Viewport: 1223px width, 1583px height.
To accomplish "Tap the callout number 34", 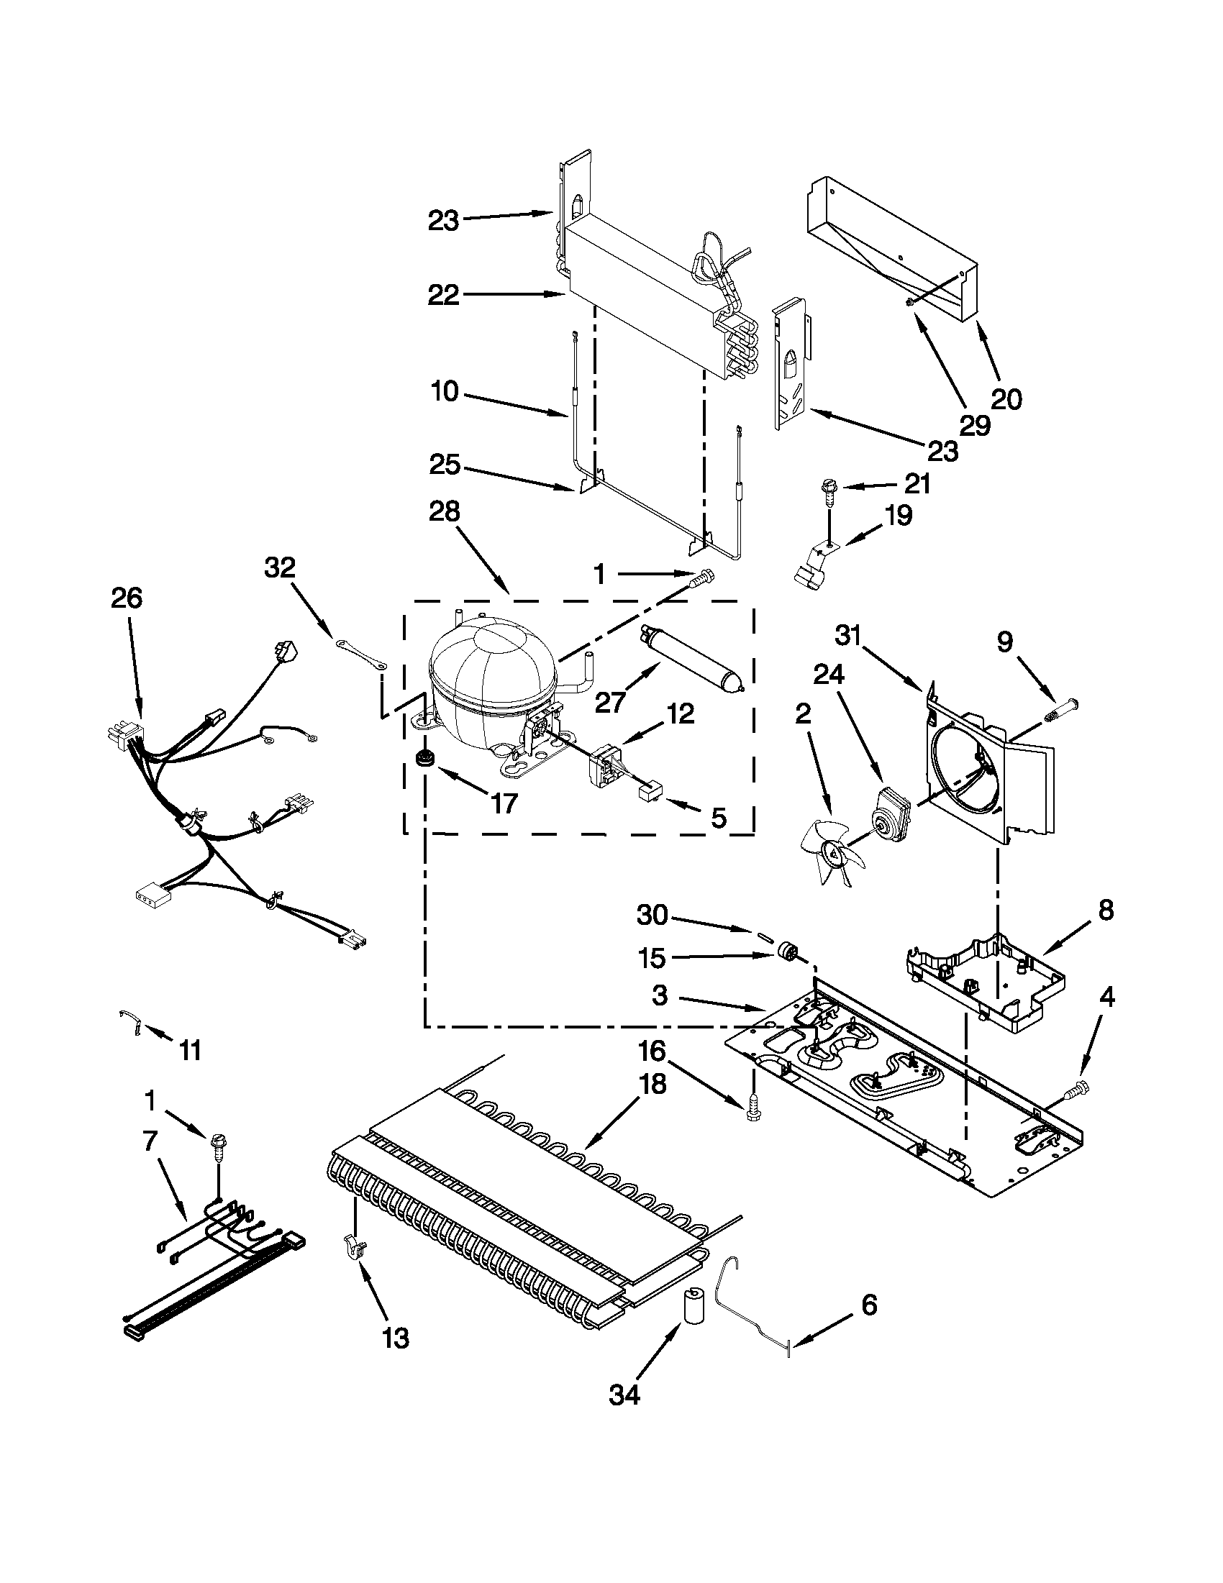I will pyautogui.click(x=625, y=1395).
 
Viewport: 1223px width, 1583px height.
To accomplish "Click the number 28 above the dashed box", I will pyautogui.click(x=444, y=513).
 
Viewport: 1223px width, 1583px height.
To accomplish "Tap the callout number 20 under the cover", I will pyautogui.click(x=1006, y=398).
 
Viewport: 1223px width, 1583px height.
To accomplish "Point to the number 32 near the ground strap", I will pyautogui.click(x=280, y=567).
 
